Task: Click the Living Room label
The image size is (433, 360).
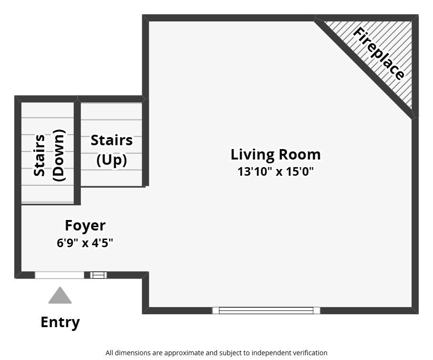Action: tap(276, 155)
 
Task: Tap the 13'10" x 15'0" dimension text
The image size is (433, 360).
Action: tap(276, 171)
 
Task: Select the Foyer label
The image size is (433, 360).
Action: tap(85, 225)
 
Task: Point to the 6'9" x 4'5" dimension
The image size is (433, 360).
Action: tap(85, 243)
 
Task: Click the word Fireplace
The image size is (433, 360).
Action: tap(379, 54)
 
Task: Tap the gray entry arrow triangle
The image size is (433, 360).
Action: tap(60, 296)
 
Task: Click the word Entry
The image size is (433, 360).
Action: tap(60, 322)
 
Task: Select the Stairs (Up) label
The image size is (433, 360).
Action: tap(111, 150)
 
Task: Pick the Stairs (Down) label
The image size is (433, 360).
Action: tap(49, 155)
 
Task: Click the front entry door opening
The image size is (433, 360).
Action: tap(59, 275)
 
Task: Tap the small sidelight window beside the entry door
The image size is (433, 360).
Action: tap(98, 275)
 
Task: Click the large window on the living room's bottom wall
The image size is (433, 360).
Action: tap(266, 310)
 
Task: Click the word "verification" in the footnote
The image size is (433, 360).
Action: tap(311, 353)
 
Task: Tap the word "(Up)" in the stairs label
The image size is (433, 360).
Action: tap(111, 160)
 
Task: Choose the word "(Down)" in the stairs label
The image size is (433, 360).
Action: tap(59, 155)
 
